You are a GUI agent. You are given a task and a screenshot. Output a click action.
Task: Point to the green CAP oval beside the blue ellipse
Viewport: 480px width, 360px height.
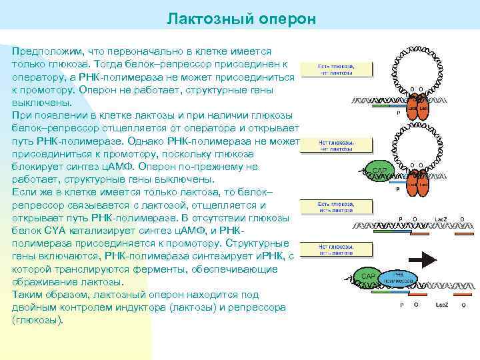pyautogui.click(x=369, y=276)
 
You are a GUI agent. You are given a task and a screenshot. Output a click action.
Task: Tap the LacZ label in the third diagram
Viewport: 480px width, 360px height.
pyautogui.click(x=441, y=219)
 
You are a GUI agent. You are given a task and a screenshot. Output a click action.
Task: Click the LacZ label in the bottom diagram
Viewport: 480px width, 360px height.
pyautogui.click(x=441, y=305)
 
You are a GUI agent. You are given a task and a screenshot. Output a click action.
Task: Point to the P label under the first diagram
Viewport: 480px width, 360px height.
pyautogui.click(x=398, y=114)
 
